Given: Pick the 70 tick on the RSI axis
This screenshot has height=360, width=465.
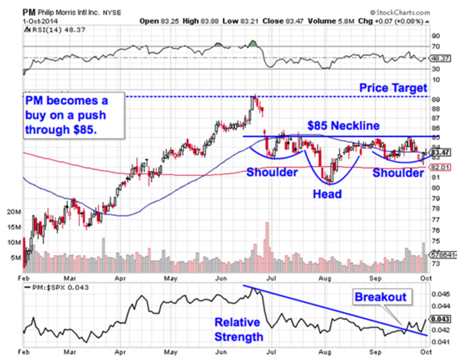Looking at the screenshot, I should (x=436, y=47).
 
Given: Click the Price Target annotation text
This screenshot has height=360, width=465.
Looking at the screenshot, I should (x=393, y=88).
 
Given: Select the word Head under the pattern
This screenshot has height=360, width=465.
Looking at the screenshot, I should (x=327, y=194).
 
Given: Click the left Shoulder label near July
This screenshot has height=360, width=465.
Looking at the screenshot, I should (x=272, y=172).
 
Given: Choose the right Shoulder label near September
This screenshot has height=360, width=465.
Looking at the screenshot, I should (x=398, y=173).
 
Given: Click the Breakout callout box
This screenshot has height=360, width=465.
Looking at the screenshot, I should (x=381, y=297).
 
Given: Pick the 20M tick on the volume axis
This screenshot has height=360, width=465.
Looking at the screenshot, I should (x=14, y=212).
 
